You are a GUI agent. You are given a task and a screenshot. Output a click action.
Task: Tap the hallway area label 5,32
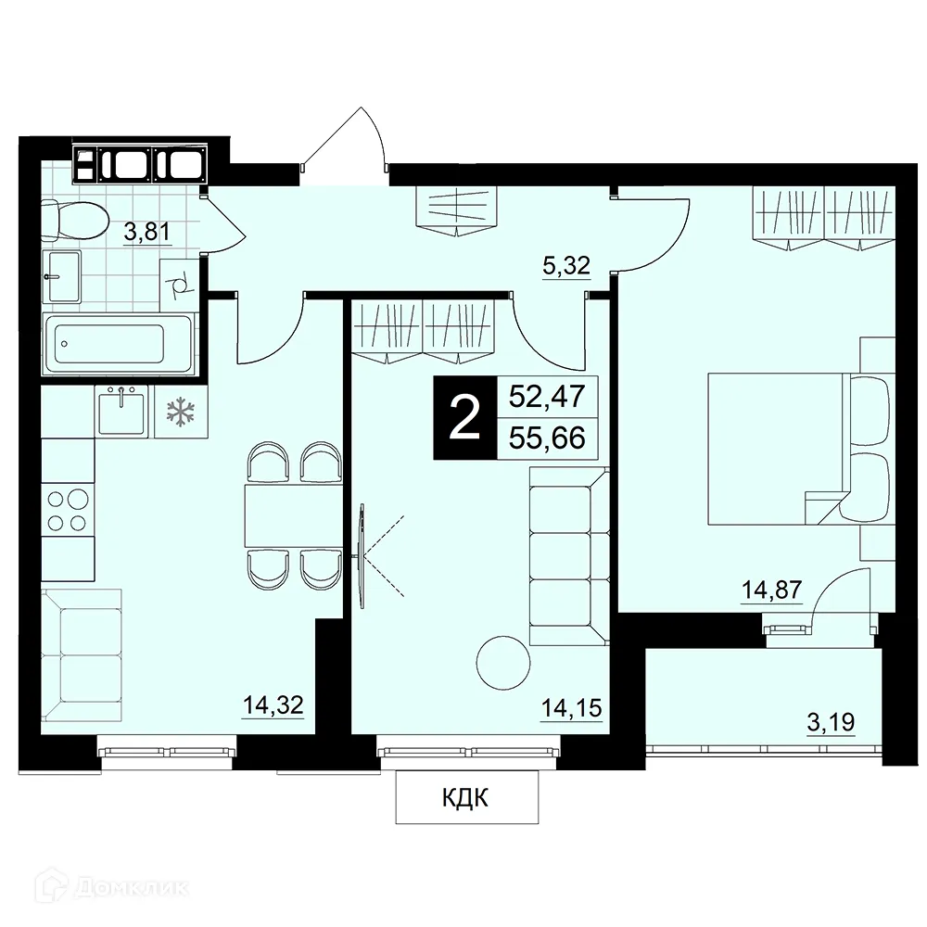[566, 267]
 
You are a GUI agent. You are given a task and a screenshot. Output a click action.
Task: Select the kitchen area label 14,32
[273, 705]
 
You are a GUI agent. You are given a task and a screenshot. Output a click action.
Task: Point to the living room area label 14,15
[572, 707]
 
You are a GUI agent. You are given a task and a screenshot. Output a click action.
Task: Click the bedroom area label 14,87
[772, 590]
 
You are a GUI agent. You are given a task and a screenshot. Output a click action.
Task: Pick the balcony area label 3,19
[832, 722]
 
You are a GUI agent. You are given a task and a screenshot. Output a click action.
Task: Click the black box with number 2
[465, 417]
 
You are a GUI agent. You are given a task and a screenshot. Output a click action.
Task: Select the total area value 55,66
[547, 438]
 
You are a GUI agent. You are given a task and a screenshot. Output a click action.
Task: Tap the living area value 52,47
[547, 396]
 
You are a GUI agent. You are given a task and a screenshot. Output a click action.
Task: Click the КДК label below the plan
[465, 799]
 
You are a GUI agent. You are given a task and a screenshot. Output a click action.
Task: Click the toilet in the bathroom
[75, 220]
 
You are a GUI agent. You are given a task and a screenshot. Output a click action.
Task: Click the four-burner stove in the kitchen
[68, 510]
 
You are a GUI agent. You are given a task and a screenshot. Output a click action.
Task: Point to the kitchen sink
[121, 412]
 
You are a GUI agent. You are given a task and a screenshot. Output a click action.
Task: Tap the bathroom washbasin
[61, 276]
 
